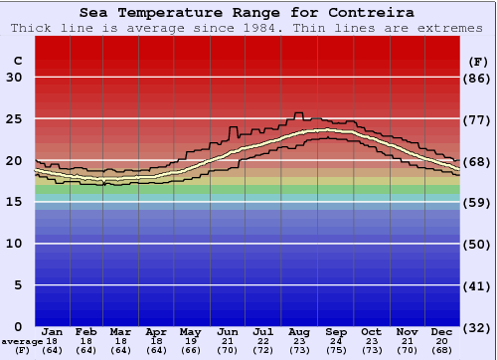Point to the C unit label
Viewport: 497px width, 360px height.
point(17,61)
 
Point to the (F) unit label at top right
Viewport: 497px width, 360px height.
point(479,61)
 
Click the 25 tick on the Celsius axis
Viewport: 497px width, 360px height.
point(14,119)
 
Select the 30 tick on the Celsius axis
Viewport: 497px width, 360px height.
point(14,78)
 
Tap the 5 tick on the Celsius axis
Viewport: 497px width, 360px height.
point(18,285)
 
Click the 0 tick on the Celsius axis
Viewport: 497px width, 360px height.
point(18,327)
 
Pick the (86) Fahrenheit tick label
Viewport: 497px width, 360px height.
point(479,78)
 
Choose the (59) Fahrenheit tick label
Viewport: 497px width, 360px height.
point(479,203)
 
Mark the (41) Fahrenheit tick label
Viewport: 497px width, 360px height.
point(479,285)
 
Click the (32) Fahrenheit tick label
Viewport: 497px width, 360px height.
point(479,327)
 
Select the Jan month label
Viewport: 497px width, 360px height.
point(53,331)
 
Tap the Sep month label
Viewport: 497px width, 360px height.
point(335,331)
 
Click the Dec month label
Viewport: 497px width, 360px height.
point(442,331)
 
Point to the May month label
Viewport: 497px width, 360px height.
point(190,331)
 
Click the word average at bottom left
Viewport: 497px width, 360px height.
point(22,341)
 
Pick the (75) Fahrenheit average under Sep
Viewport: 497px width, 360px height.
point(335,350)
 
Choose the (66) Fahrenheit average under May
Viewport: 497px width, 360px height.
point(190,350)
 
